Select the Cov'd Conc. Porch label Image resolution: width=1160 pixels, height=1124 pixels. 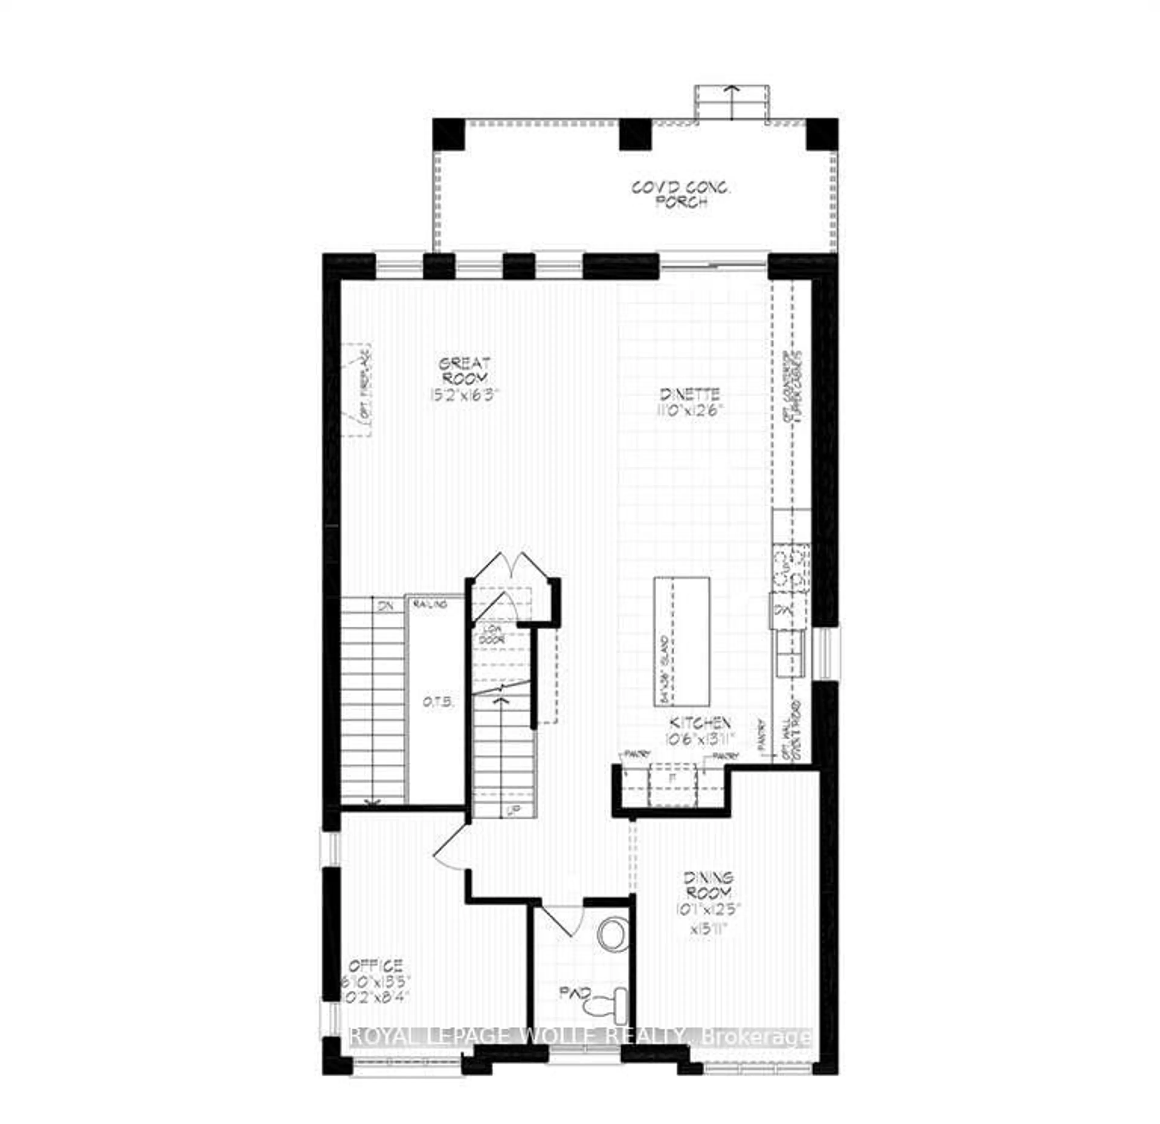(x=681, y=195)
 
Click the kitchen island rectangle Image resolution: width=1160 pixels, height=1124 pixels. (x=682, y=641)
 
